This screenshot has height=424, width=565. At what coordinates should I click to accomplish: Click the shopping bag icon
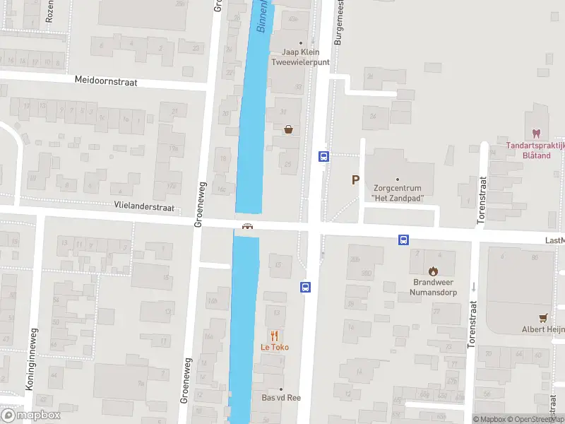[288, 129]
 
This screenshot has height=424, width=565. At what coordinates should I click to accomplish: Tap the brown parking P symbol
[356, 180]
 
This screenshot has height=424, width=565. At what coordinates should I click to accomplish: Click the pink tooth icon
[535, 134]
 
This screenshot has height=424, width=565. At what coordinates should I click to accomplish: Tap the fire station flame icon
[432, 270]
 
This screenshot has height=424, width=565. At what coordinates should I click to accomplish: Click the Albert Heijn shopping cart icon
[543, 318]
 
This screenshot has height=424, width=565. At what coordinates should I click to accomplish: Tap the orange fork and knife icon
[275, 336]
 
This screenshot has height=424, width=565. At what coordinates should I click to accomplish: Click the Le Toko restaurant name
[275, 347]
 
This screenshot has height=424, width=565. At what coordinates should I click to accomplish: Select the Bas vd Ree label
[281, 398]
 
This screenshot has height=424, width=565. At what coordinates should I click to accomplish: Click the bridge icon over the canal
[247, 227]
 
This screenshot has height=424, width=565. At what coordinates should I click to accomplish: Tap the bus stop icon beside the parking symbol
[323, 157]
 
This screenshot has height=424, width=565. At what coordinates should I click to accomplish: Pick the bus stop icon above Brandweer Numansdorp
[403, 240]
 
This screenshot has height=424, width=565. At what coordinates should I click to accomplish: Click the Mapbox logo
[30, 415]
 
